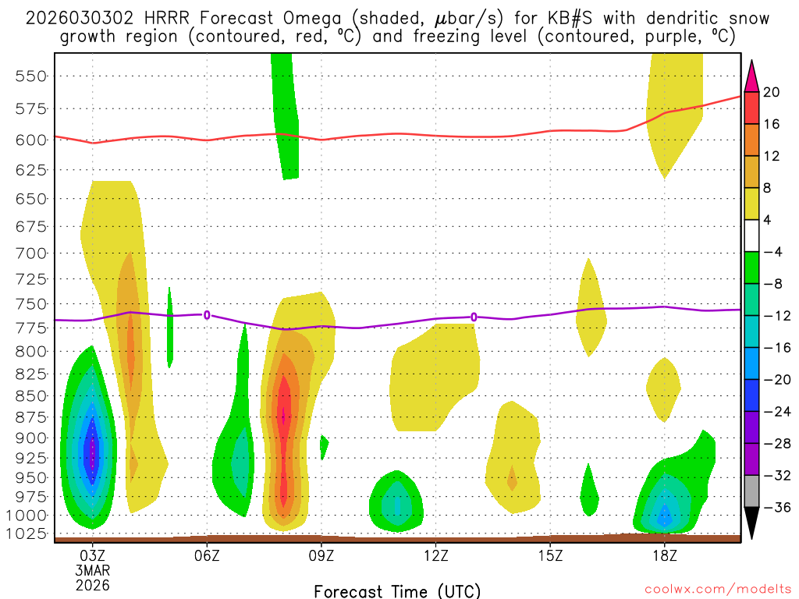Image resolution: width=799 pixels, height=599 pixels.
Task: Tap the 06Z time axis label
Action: [207, 556]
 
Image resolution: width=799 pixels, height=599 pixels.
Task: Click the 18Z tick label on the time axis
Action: [665, 556]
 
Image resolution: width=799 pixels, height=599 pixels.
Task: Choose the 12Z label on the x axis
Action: [435, 556]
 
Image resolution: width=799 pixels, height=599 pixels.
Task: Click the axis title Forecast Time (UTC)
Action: [397, 590]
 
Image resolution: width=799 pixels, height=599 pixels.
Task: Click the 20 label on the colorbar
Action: [772, 92]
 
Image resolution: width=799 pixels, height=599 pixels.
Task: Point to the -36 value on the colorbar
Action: [774, 508]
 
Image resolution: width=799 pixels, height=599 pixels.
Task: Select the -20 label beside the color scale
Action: [774, 380]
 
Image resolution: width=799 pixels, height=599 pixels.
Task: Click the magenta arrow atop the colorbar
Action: [751, 75]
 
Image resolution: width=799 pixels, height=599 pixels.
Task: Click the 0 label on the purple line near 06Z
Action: [207, 315]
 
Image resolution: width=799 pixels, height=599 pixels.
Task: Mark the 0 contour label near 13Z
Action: [474, 317]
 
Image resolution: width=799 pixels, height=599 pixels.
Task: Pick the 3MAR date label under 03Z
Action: [93, 570]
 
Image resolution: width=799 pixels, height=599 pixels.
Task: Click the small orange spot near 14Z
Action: [512, 477]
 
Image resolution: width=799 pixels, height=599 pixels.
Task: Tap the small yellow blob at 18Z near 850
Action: [663, 388]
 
